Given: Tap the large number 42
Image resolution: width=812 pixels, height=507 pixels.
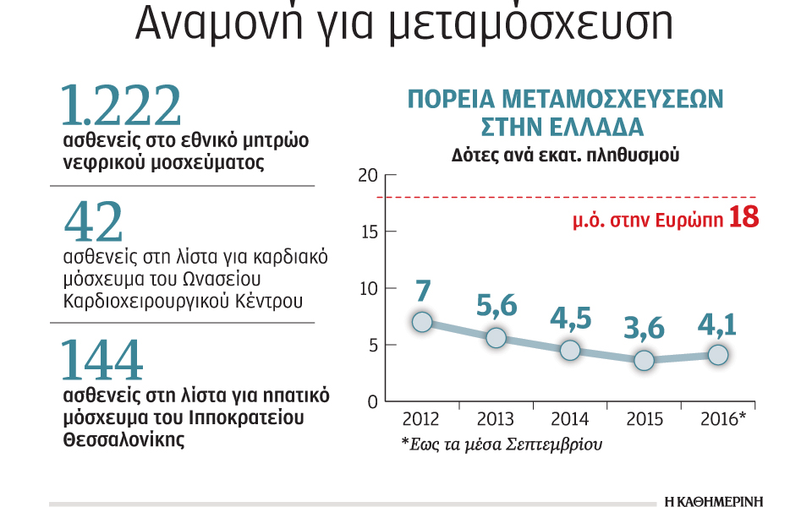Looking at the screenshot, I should pos(94,222).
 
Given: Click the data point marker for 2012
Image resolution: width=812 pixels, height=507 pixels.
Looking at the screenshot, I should pos(422,322).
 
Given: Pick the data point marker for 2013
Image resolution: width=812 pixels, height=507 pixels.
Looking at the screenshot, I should pos(497,338).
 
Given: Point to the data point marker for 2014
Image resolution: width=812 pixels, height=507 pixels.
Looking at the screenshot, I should pos(570,350).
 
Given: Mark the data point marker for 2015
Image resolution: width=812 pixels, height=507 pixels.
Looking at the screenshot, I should pos(645,360).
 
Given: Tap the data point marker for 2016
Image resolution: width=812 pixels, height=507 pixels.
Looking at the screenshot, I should pos(718,355).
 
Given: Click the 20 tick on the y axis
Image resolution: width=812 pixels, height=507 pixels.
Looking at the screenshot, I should pos(366,176).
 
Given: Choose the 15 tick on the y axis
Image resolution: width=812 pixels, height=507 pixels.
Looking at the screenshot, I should pos(366,232).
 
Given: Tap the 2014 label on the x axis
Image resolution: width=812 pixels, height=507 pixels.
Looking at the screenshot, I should pos(570,419).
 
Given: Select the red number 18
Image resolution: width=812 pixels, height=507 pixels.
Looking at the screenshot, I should pos(743,218).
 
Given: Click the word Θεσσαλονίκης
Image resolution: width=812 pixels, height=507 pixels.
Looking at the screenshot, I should pos(123,440).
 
